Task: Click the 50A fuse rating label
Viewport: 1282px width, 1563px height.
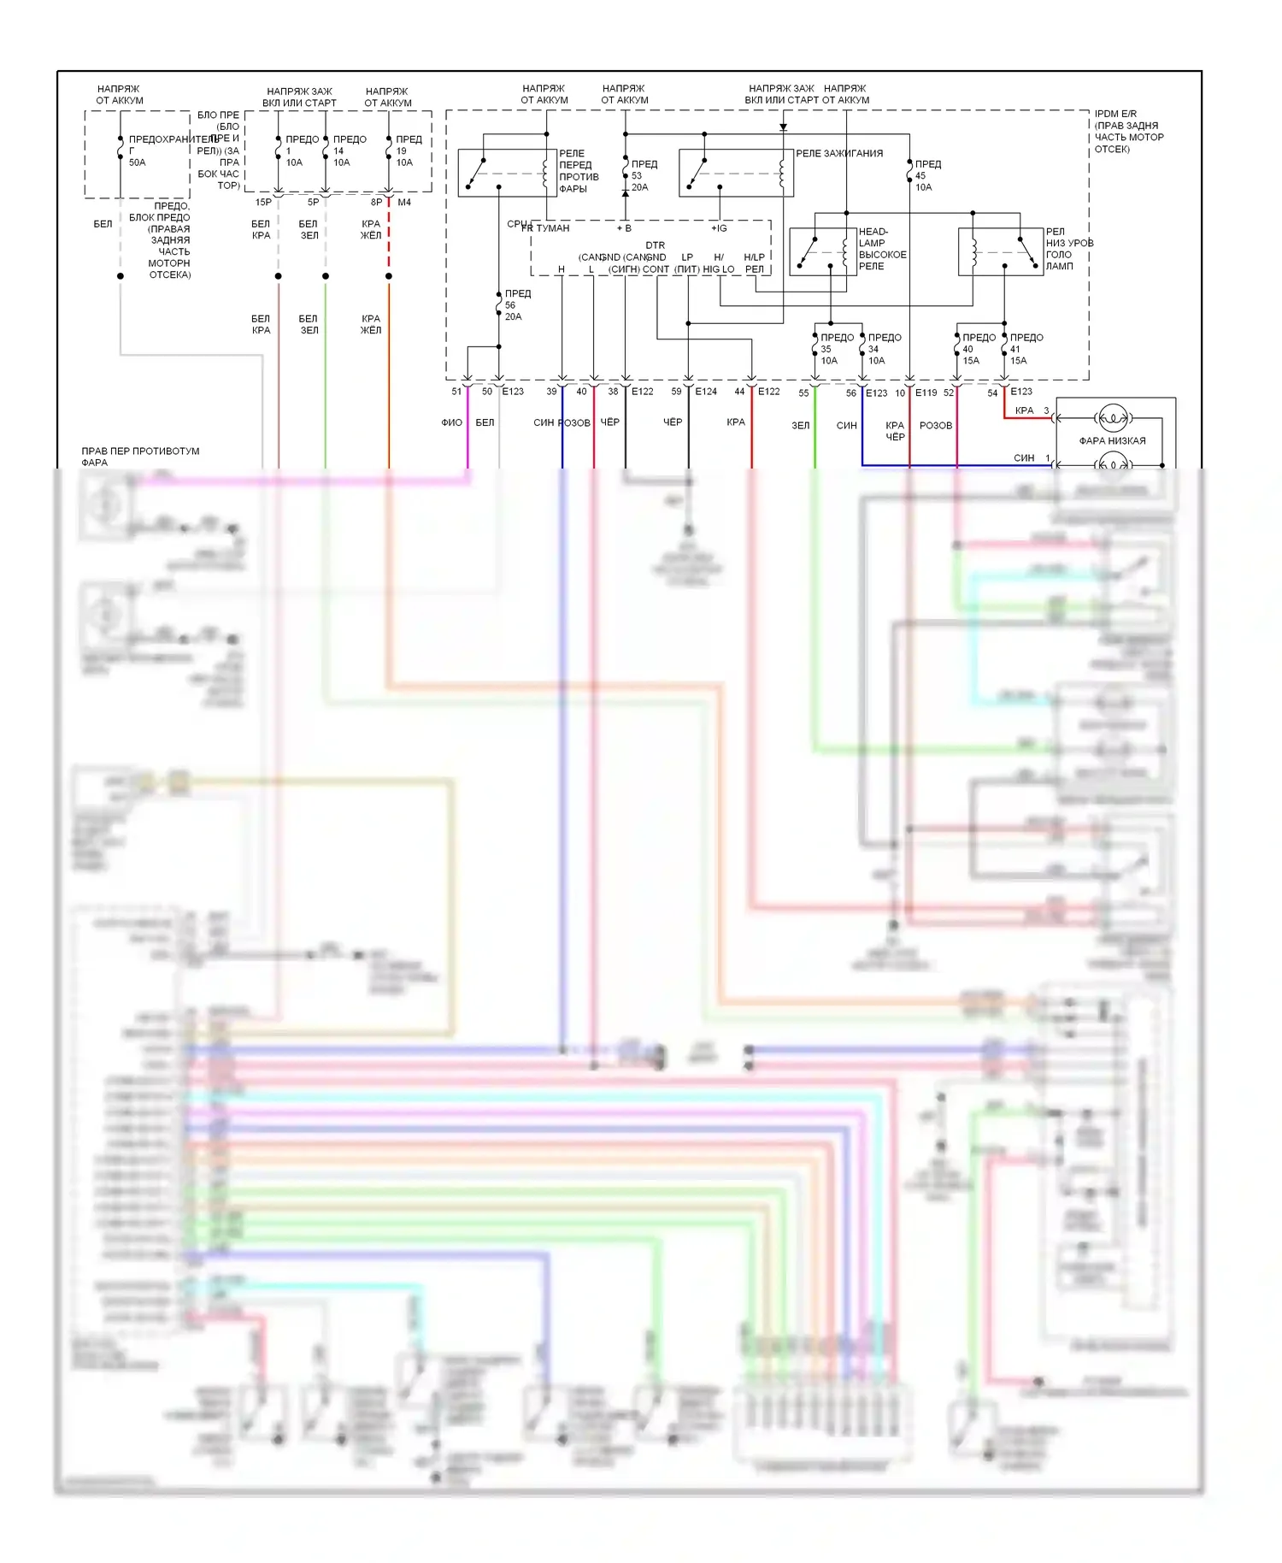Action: pos(137,162)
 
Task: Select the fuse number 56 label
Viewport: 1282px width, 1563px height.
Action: pos(510,305)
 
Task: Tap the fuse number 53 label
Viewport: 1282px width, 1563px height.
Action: pos(637,176)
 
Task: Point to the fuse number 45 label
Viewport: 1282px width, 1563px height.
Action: pos(920,176)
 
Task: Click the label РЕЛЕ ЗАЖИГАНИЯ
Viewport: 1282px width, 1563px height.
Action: pos(839,154)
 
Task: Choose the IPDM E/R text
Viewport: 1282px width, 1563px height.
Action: pos(1115,114)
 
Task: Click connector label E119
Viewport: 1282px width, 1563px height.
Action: pos(926,393)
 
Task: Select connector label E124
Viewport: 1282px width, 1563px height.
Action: pos(706,392)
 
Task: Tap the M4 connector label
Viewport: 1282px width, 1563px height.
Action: pos(404,203)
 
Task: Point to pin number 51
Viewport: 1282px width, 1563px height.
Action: pos(456,392)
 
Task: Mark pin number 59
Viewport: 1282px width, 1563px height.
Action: pos(676,392)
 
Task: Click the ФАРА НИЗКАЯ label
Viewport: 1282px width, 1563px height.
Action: pos(1112,441)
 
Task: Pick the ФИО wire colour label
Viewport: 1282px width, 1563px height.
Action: pos(451,422)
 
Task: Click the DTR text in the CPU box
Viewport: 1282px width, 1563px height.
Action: pos(656,245)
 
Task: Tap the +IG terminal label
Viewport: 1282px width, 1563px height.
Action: pos(719,228)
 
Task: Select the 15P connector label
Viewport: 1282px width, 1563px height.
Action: pos(263,203)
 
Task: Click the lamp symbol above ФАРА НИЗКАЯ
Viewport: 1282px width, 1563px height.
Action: pos(1113,419)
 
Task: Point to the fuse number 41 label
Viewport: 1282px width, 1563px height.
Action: pos(1014,349)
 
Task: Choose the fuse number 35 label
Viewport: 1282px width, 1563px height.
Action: pos(826,349)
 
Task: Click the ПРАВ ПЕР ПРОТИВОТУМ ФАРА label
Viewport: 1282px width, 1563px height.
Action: pos(140,457)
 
